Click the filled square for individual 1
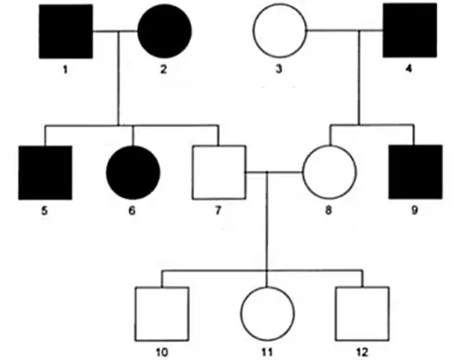pyautogui.click(x=66, y=32)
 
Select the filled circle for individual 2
pyautogui.click(x=164, y=32)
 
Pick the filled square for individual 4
pyautogui.click(x=410, y=31)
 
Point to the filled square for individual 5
pyautogui.click(x=45, y=173)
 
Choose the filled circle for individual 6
pyautogui.click(x=133, y=173)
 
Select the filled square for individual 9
pyautogui.click(x=415, y=172)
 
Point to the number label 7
pyautogui.click(x=218, y=211)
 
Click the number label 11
pyautogui.click(x=267, y=353)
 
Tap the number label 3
pyautogui.click(x=279, y=69)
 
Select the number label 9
pyautogui.click(x=414, y=211)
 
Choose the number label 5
pyautogui.click(x=45, y=211)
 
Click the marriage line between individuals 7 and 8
pyautogui.click(x=274, y=172)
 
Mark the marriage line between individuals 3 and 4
pyautogui.click(x=345, y=31)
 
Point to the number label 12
pyautogui.click(x=363, y=353)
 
